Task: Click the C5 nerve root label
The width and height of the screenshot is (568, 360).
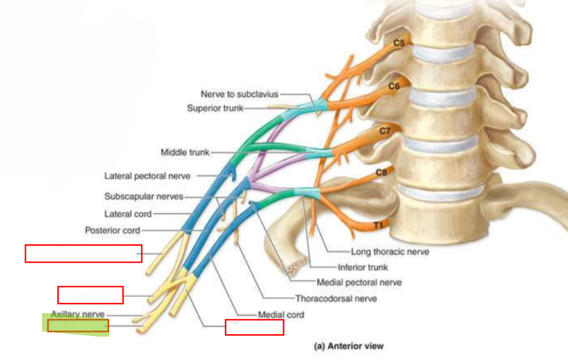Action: [x=399, y=43]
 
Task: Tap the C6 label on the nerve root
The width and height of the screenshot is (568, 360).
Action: [x=393, y=86]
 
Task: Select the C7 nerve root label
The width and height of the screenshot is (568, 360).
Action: [x=384, y=131]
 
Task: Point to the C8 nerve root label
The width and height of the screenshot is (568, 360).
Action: [x=381, y=173]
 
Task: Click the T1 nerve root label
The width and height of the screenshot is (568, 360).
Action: [x=378, y=226]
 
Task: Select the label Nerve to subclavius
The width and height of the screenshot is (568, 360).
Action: [x=239, y=94]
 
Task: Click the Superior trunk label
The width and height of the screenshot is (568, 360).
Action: [x=215, y=108]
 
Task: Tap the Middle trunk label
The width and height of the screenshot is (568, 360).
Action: [x=185, y=152]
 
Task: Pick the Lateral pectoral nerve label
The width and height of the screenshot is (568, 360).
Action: [x=148, y=176]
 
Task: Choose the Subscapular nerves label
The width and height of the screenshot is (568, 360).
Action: [x=144, y=196]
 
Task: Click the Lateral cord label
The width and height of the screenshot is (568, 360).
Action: [x=128, y=214]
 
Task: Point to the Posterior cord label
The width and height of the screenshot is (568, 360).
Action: [x=112, y=230]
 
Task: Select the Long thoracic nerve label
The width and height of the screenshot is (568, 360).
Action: [x=390, y=251]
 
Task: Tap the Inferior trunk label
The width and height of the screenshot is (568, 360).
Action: [x=363, y=267]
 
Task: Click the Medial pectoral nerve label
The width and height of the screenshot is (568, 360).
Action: [x=359, y=283]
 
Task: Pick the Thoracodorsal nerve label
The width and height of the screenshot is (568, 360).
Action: [x=336, y=299]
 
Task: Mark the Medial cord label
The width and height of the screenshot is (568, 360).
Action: [x=281, y=314]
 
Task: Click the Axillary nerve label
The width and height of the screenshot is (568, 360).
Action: [x=77, y=314]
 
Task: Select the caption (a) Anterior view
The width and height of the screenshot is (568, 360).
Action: [x=348, y=346]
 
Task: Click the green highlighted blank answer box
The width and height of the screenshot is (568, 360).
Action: [x=78, y=326]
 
